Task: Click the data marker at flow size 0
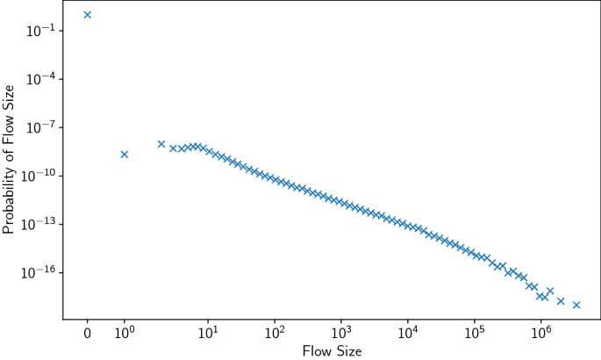87,15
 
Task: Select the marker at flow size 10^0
125,155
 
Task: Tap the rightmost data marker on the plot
576,305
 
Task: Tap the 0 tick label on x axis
87,334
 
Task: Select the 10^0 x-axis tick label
125,333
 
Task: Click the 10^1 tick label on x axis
208,333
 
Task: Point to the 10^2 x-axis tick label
275,333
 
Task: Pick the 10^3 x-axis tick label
341,333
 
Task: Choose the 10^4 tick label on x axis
408,333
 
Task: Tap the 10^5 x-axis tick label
475,333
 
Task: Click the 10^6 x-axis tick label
541,333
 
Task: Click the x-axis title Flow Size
332,351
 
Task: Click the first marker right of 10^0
161,144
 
